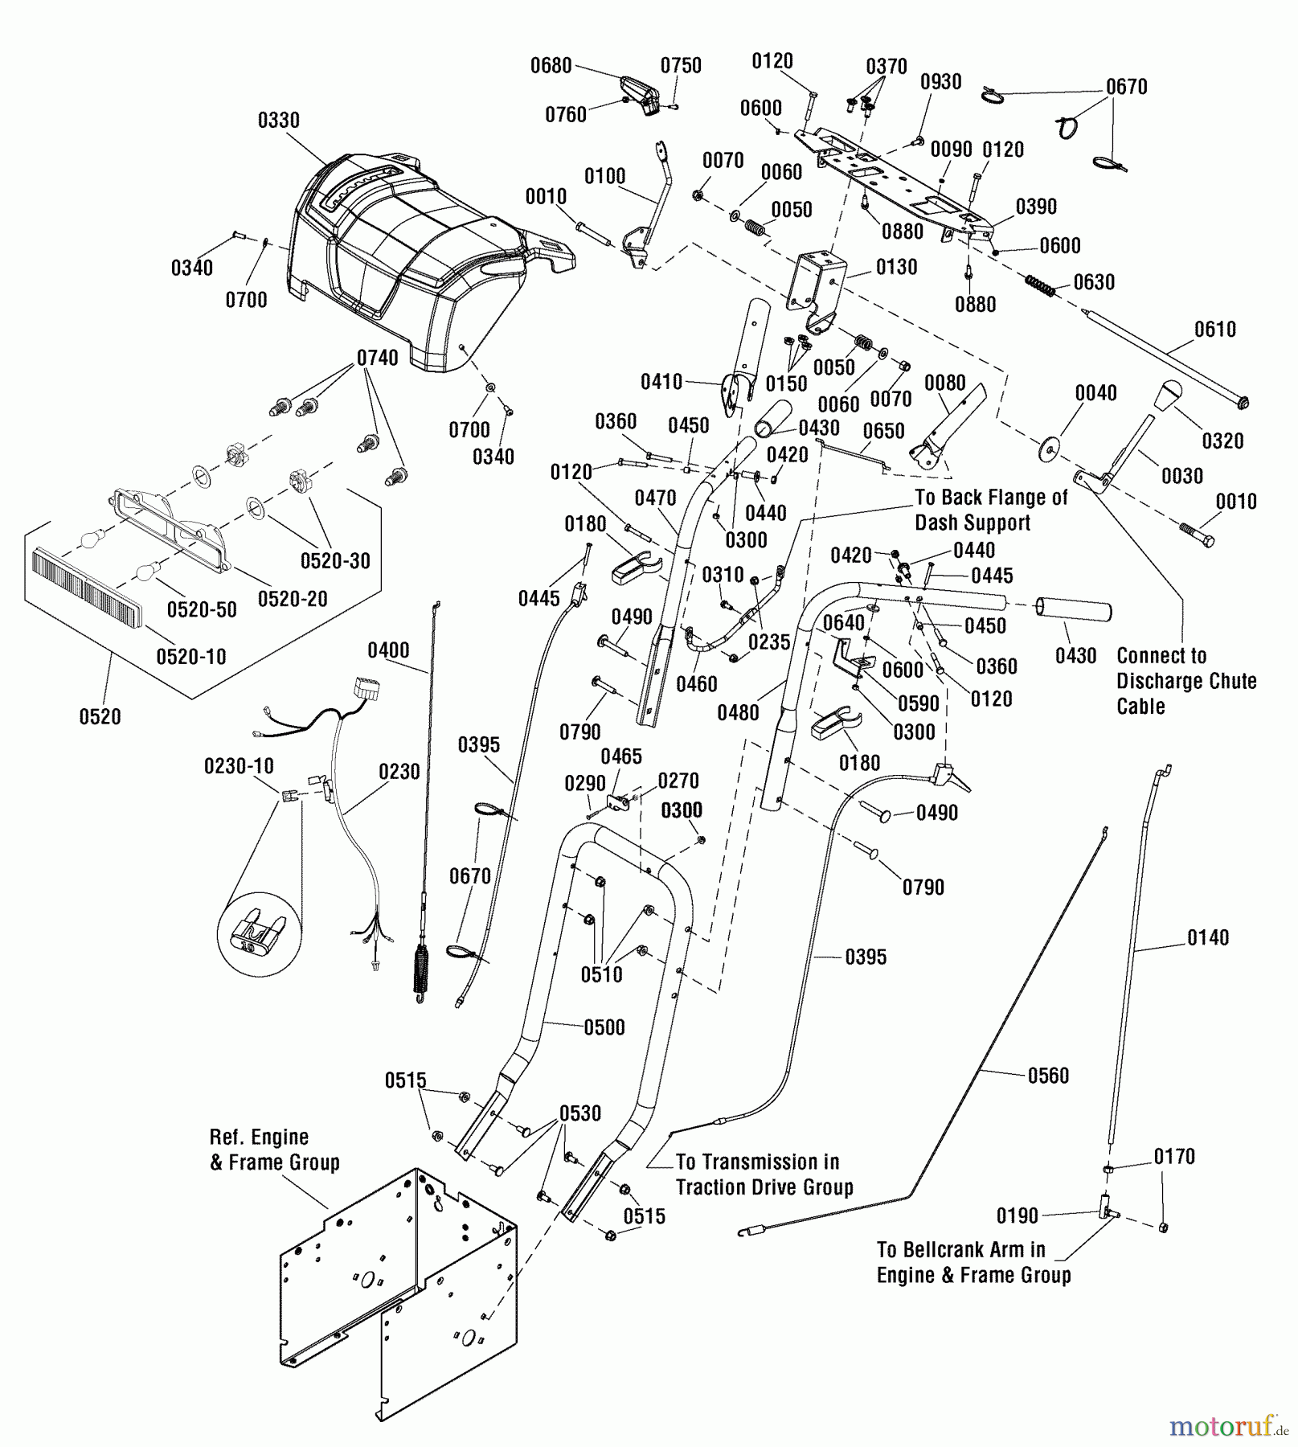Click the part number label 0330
pyautogui.click(x=278, y=121)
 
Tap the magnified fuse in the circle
pyautogui.click(x=259, y=933)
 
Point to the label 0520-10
pyautogui.click(x=191, y=657)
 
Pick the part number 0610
pyautogui.click(x=1214, y=329)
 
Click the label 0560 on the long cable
pyautogui.click(x=1048, y=1076)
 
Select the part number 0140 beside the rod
pyautogui.click(x=1207, y=937)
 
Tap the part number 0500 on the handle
pyautogui.click(x=604, y=1027)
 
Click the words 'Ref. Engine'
pyautogui.click(x=259, y=1138)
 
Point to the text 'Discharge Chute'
pyautogui.click(x=1186, y=681)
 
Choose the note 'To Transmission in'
pyautogui.click(x=757, y=1162)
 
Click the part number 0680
pyautogui.click(x=551, y=66)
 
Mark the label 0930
pyautogui.click(x=940, y=82)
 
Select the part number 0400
pyautogui.click(x=388, y=650)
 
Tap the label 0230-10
pyautogui.click(x=239, y=766)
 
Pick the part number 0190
pyautogui.click(x=1018, y=1216)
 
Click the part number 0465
pyautogui.click(x=621, y=756)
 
